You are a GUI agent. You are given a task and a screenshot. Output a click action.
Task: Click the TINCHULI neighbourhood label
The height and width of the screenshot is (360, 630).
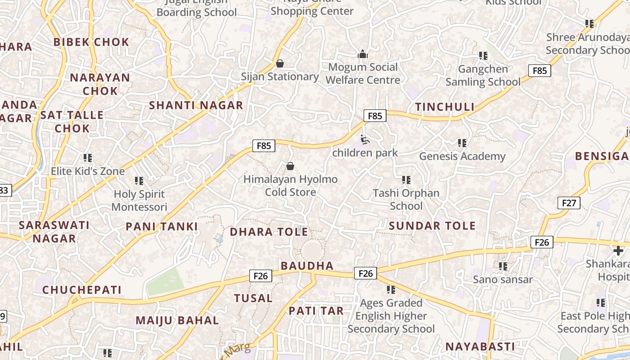pos(445,107)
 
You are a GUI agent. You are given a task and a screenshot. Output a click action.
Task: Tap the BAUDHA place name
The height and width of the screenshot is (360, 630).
pos(307,266)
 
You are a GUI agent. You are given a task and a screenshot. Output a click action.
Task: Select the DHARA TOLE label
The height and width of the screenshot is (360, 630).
pos(269,232)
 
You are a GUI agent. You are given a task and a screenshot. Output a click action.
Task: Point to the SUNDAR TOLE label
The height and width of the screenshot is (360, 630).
pos(432,226)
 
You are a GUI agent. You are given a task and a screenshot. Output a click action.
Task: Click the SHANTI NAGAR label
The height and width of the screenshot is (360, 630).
pos(196,106)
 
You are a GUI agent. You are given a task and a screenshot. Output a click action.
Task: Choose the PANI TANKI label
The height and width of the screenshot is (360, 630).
pos(162,227)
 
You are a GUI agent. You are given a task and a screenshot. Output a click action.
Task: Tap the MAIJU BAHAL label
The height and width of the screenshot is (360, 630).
pos(177,321)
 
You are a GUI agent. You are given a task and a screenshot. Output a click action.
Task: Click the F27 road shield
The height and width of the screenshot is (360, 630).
pos(569,203)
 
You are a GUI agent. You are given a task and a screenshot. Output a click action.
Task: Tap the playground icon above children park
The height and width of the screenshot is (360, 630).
pos(365,140)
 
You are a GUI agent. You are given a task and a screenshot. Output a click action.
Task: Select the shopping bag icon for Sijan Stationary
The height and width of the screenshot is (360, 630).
pos(280,63)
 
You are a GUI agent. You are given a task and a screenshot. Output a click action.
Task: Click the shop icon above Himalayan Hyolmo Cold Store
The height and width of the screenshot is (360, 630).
pos(290,166)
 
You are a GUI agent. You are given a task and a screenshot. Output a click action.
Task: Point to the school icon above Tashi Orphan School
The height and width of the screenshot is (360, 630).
pos(406,180)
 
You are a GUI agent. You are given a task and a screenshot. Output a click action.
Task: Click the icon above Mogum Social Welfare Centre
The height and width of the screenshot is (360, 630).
pos(363,54)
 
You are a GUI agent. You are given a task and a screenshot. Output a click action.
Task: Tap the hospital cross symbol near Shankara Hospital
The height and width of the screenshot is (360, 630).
pos(618,251)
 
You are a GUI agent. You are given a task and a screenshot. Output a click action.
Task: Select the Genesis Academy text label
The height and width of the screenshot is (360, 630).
pos(462,157)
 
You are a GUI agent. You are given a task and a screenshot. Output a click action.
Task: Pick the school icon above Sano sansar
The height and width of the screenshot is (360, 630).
pos(503,266)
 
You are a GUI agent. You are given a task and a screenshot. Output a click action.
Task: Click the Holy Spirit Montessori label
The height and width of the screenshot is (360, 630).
pos(139,201)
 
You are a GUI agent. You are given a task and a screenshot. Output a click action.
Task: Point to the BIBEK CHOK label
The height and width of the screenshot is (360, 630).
pos(91,42)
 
